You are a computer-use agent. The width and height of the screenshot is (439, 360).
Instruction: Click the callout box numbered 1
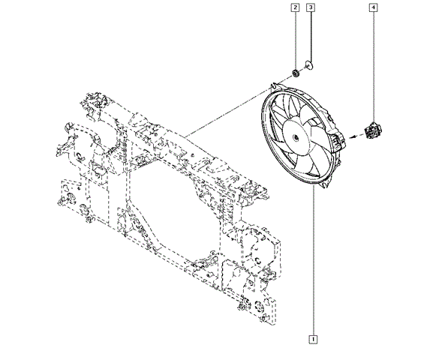pyautogui.click(x=313, y=339)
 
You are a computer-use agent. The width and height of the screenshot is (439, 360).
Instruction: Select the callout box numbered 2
pyautogui.click(x=295, y=7)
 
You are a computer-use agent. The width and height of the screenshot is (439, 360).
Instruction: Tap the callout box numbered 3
pyautogui.click(x=311, y=7)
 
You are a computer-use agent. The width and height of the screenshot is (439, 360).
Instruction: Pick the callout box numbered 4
pyautogui.click(x=373, y=7)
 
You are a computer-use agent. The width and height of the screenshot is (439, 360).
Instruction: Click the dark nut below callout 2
pyautogui.click(x=295, y=73)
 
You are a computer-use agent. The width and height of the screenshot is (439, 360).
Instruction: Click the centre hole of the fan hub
pyautogui.click(x=295, y=137)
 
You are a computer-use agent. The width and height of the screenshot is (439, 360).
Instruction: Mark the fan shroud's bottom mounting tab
pyautogui.click(x=324, y=184)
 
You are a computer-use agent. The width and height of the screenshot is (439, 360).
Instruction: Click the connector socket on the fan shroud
pyautogui.click(x=339, y=141)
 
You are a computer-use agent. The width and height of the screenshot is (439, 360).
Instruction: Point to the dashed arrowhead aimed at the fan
pyautogui.click(x=352, y=136)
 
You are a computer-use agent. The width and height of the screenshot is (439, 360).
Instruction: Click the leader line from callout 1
pyautogui.click(x=313, y=259)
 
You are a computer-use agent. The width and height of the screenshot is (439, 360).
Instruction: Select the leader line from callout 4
pyautogui.click(x=373, y=66)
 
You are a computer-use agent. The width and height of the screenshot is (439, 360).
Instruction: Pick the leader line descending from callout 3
pyautogui.click(x=311, y=37)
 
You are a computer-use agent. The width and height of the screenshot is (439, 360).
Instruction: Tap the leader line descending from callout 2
pyautogui.click(x=295, y=40)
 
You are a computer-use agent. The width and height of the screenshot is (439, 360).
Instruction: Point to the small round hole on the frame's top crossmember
pyautogui.click(x=192, y=154)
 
